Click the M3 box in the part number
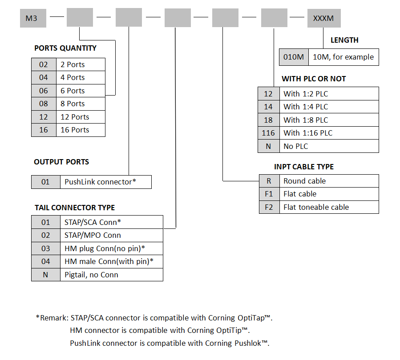point(33,18)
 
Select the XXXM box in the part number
point(324,18)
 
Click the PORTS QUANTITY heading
point(65,48)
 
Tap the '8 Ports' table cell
point(81,104)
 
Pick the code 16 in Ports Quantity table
point(44,130)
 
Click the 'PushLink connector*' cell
point(106,182)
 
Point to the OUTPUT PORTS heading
point(61,162)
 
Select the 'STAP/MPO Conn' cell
point(112,235)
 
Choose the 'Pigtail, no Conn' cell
point(112,275)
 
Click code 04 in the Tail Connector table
point(46,261)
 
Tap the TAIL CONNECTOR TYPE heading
point(75,208)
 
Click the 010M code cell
point(294,57)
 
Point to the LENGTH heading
point(344,40)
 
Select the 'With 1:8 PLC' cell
point(329,120)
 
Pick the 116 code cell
point(268,133)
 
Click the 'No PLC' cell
point(329,146)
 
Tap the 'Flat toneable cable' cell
point(329,207)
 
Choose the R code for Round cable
point(269,181)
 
